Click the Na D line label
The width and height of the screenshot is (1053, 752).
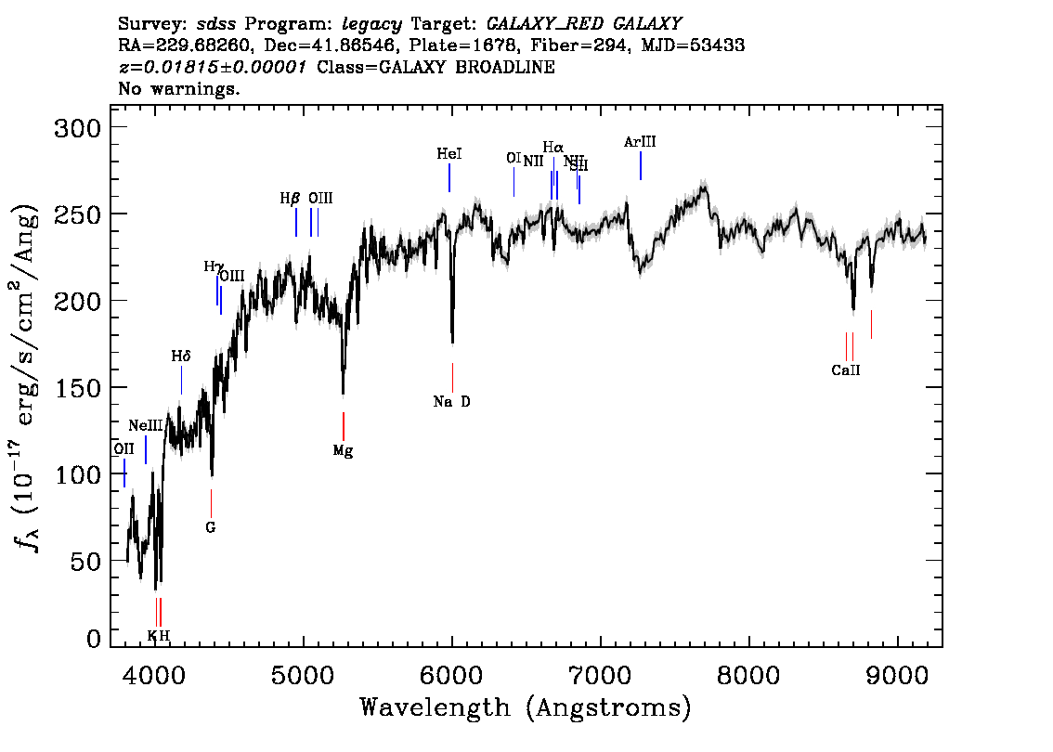(451, 402)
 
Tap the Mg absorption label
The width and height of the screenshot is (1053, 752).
(343, 451)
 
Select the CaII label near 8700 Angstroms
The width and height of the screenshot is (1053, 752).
(846, 370)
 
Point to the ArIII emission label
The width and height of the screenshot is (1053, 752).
(640, 142)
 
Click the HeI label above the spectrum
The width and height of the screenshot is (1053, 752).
(449, 154)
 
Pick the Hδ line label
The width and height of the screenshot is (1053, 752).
(180, 356)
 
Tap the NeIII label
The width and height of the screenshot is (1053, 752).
(146, 425)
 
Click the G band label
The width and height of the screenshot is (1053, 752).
(211, 527)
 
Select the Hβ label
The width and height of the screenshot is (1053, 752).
(290, 198)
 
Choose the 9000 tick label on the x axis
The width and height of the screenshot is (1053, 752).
(897, 673)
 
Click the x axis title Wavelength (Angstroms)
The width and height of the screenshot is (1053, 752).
(526, 708)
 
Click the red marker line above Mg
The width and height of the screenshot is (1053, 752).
(344, 426)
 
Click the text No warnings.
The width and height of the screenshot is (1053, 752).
(179, 89)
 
